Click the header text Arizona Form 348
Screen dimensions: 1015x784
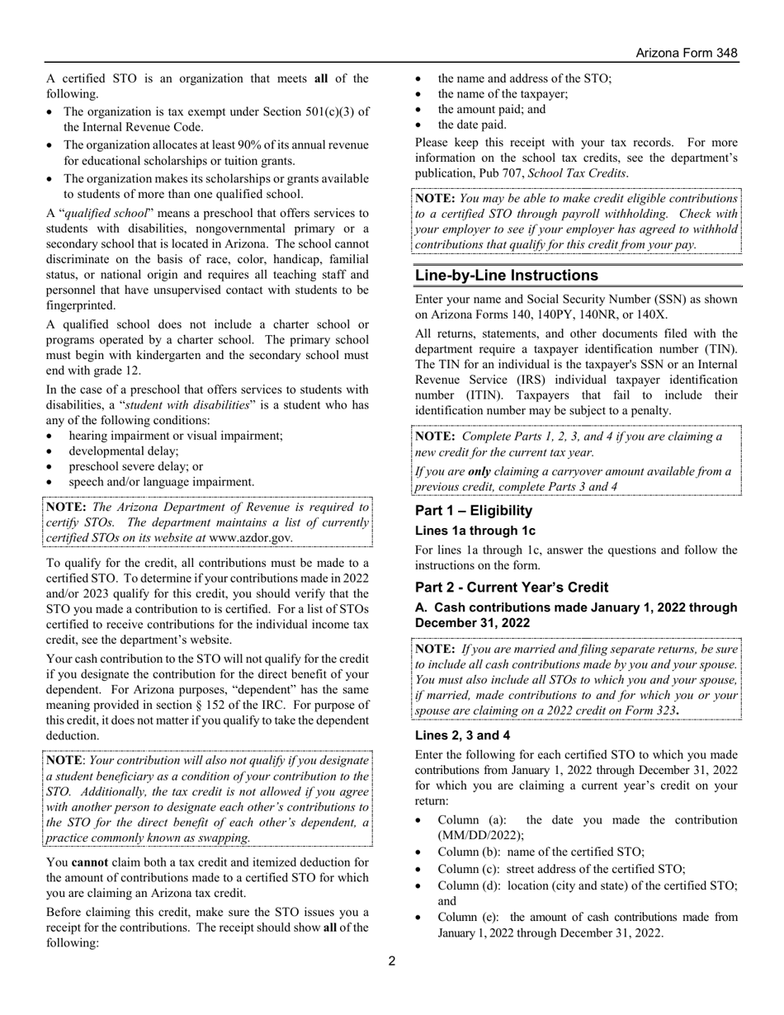point(686,53)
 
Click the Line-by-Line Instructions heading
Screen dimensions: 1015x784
point(506,276)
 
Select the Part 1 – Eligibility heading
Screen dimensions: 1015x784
point(473,511)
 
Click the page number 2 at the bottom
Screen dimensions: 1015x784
point(392,961)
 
